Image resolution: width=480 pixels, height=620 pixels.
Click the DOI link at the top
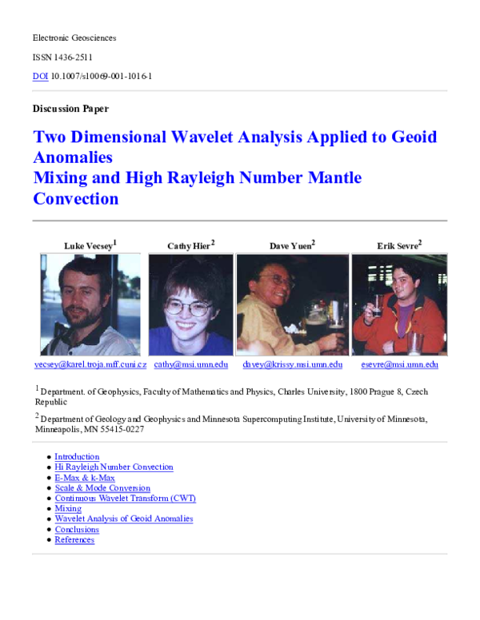(x=40, y=77)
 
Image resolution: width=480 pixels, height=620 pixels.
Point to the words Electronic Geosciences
(x=74, y=38)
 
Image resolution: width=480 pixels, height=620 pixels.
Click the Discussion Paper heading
(x=70, y=109)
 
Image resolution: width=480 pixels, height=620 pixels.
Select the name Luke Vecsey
(x=89, y=245)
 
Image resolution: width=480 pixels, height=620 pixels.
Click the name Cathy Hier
(x=189, y=245)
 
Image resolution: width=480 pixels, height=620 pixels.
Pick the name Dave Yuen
(x=290, y=245)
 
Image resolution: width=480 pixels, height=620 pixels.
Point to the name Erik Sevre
(x=398, y=245)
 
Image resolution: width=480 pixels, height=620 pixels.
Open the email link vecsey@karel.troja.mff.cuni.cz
(x=90, y=364)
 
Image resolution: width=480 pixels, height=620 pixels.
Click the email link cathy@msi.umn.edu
(x=191, y=364)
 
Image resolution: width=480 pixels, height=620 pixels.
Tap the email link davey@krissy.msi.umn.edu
(x=292, y=364)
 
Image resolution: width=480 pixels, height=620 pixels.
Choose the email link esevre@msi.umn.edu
(x=399, y=364)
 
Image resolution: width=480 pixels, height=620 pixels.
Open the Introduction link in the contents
(x=77, y=457)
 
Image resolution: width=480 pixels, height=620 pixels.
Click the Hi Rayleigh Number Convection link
(x=114, y=467)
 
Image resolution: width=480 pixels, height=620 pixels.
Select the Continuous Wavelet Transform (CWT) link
(x=125, y=499)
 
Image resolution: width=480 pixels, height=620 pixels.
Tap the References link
(x=74, y=540)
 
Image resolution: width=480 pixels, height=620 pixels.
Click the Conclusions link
(x=77, y=530)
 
